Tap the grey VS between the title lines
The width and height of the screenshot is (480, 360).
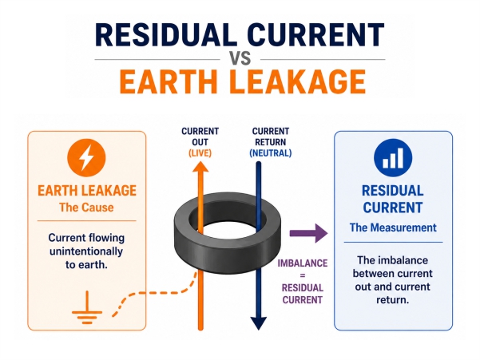240,58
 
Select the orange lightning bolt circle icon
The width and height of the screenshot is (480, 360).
86,158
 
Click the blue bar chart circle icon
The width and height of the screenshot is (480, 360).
393,158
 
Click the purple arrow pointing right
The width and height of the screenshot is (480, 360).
308,233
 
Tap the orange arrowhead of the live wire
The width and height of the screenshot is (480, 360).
200,167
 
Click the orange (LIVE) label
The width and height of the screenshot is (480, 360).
200,153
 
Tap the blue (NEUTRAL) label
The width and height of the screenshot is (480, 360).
270,153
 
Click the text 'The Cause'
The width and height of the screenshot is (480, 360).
86,208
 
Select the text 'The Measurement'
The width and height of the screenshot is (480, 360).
393,227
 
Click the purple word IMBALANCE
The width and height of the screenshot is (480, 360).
303,263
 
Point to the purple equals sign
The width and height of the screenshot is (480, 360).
303,275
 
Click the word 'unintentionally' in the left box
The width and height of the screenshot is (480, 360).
86,251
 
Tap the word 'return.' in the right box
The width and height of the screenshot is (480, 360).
393,300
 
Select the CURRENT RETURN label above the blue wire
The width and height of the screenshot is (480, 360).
270,136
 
